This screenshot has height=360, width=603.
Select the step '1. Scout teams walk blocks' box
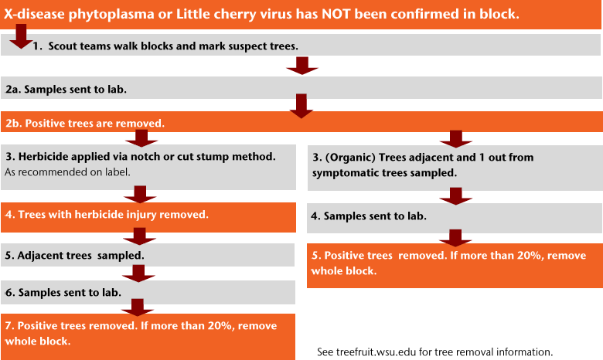point(301,45)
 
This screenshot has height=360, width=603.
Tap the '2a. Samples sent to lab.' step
point(301,88)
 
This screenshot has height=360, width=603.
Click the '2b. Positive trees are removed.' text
point(85,124)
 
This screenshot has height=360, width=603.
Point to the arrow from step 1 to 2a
point(302,66)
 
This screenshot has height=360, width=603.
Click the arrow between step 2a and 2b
point(301,106)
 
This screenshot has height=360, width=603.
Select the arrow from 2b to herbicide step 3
point(141,138)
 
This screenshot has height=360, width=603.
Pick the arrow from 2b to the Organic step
point(455,139)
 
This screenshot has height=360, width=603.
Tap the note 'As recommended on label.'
point(68,172)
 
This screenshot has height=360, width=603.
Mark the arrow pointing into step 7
point(138,307)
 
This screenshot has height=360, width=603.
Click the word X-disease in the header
point(34,14)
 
